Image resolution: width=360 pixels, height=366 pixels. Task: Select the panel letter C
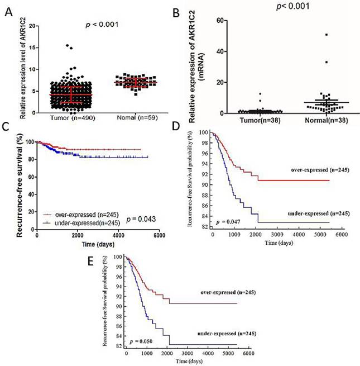coord(6,127)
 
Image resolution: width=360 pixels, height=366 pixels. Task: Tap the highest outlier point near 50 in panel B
coord(311,35)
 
